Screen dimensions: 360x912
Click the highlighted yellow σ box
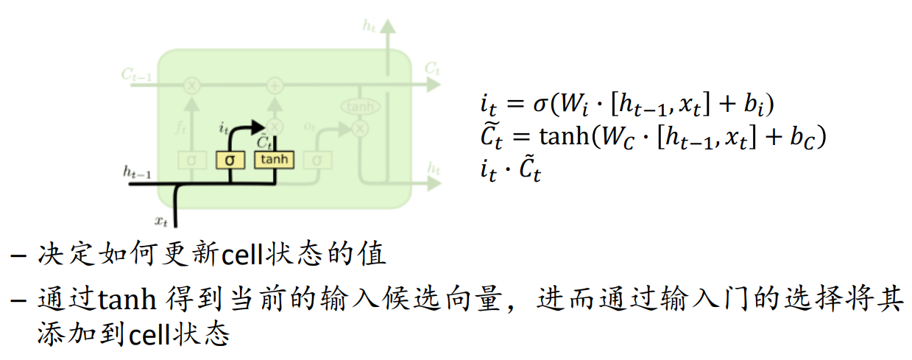pos(230,159)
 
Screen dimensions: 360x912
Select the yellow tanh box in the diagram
pos(274,159)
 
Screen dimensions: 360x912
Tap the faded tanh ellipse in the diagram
pos(360,107)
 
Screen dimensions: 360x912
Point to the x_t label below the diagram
pos(161,219)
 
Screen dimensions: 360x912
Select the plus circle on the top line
pos(275,85)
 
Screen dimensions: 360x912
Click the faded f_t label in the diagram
pos(180,126)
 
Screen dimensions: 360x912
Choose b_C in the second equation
pos(811,138)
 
